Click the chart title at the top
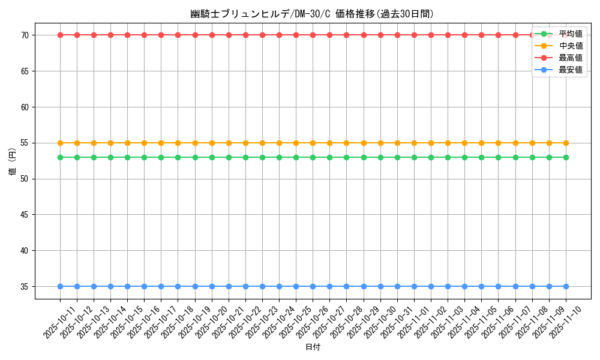(x=312, y=14)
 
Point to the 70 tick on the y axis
(x=25, y=35)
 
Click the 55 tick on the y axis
(x=25, y=143)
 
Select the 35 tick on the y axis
(x=25, y=287)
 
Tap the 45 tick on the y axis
(x=25, y=215)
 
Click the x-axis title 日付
(x=313, y=347)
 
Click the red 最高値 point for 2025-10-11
(x=60, y=35)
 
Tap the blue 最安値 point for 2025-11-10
(x=566, y=287)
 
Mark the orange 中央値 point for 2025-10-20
(x=212, y=143)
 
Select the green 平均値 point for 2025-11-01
(x=414, y=157)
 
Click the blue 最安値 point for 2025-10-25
(x=296, y=287)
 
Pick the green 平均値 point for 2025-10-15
(x=127, y=157)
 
